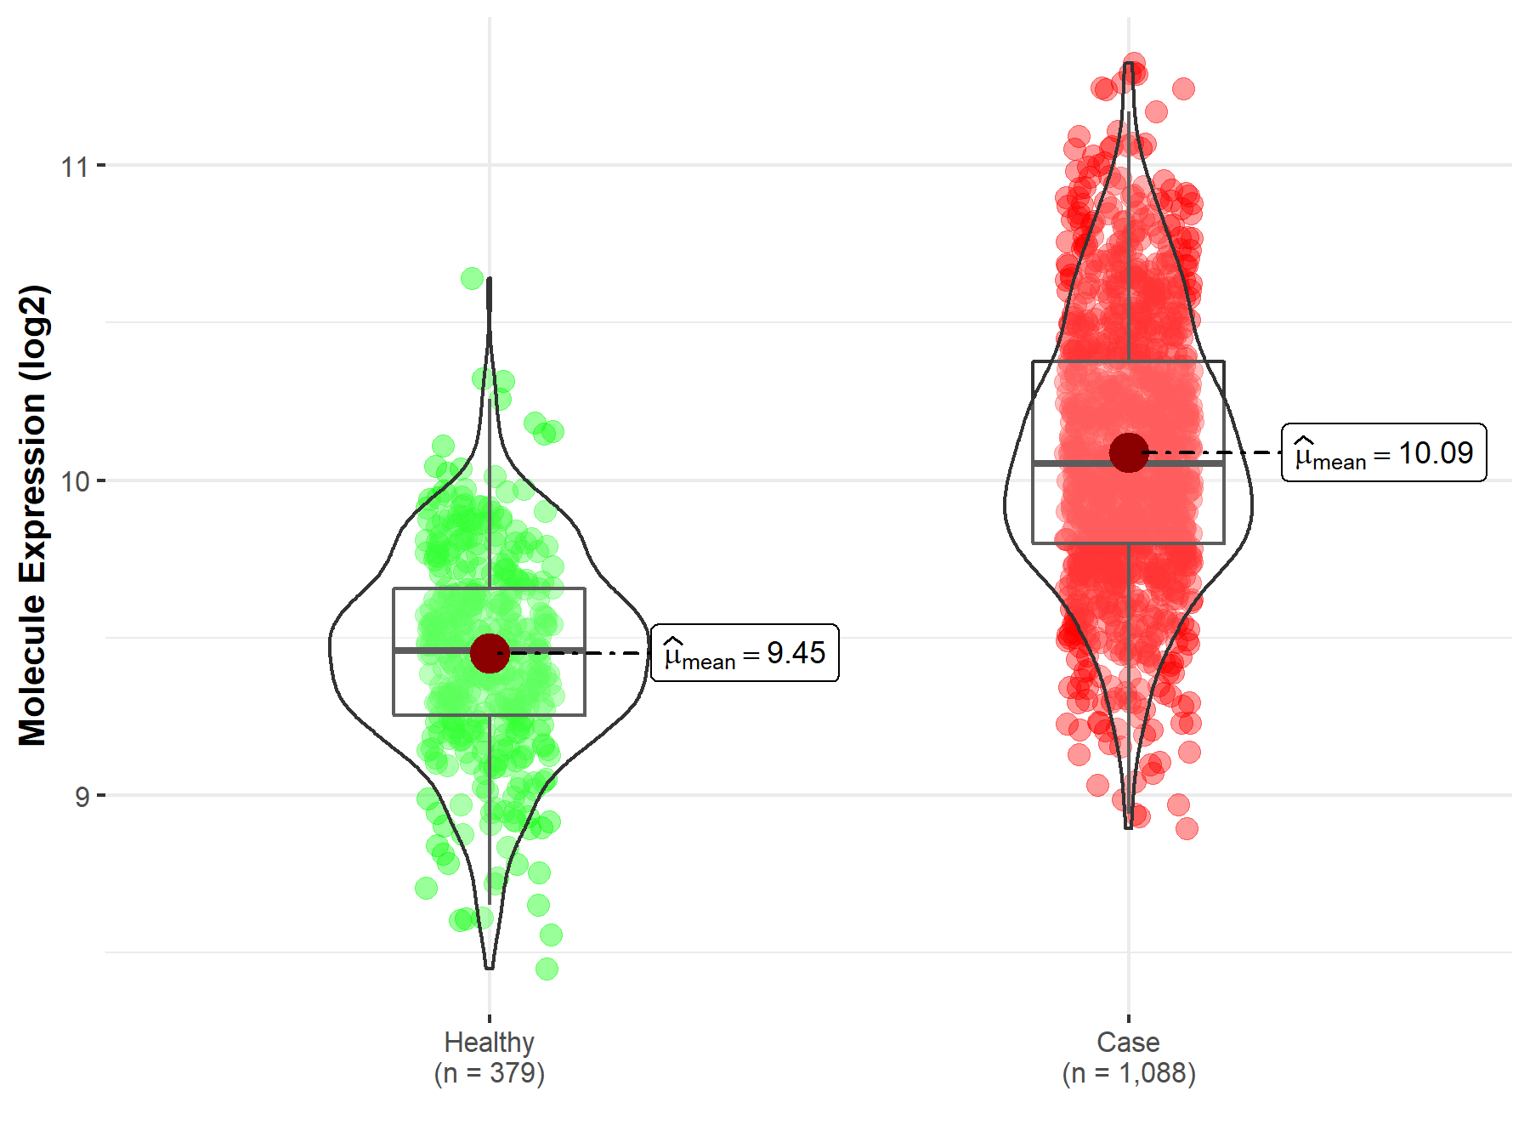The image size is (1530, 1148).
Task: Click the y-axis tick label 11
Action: click(74, 167)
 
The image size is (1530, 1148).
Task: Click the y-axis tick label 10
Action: click(74, 482)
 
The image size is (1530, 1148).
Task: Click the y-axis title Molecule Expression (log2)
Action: click(32, 515)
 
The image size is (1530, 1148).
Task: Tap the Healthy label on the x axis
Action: click(489, 1042)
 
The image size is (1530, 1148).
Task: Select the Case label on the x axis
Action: click(1128, 1042)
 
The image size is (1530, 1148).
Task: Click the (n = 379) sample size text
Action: click(489, 1073)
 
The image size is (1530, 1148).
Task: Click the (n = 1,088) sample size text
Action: click(1128, 1073)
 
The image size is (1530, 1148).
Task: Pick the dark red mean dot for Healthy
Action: click(490, 653)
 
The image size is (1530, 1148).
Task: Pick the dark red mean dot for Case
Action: click(1129, 452)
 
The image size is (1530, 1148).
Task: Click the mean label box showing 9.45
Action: click(745, 653)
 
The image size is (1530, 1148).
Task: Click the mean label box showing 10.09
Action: click(1384, 452)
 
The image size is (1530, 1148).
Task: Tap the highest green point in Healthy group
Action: click(473, 278)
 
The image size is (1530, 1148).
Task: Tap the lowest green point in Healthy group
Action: click(547, 969)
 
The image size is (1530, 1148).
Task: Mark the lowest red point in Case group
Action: click(1187, 828)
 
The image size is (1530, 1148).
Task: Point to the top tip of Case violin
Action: click(1129, 64)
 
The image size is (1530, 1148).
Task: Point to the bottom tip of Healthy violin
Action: click(489, 968)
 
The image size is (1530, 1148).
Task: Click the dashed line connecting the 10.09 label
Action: click(1215, 453)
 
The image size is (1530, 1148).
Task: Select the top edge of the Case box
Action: click(1129, 361)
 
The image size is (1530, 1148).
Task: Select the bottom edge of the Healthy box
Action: click(489, 715)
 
